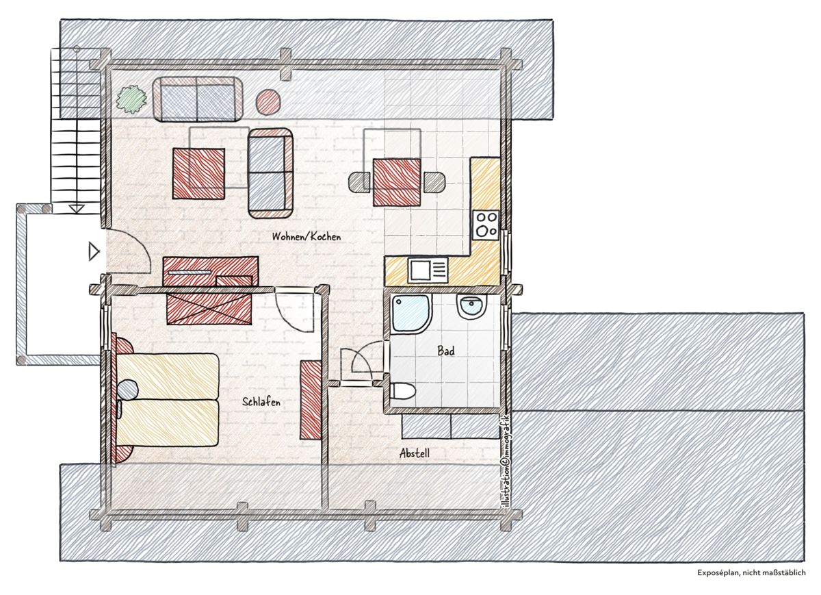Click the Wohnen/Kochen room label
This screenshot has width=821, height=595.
pos(307,237)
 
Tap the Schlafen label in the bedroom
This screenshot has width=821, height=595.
pos(261,402)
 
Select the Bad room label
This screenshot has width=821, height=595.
pos(445,351)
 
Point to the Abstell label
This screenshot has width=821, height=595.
pos(414,453)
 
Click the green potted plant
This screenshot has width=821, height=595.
pos(131,99)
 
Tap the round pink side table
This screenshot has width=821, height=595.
pos(268,102)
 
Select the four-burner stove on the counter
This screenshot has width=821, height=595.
pos(486,225)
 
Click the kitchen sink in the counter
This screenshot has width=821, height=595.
pos(428,270)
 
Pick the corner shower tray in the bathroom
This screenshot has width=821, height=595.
pos(411,314)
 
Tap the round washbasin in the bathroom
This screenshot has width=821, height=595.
pos(471,306)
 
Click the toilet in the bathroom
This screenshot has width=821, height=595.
pos(402,391)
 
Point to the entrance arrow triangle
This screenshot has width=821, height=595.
pos(94,252)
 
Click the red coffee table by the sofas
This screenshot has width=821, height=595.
pos(198,173)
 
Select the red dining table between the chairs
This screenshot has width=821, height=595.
pos(397,182)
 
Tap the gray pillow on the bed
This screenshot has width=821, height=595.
pos(128,389)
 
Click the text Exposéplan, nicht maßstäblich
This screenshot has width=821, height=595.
pos(751,583)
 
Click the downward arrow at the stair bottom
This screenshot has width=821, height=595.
pos(77,209)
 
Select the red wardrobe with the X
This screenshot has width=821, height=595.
pos(209,308)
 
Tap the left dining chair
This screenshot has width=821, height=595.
pos(361,183)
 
